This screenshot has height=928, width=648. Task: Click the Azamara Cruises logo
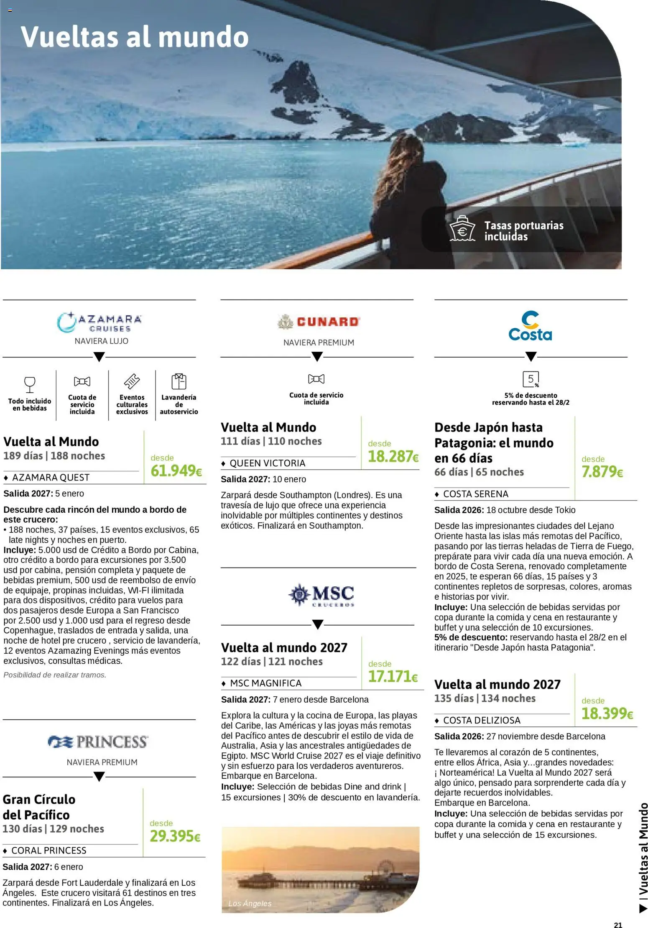pos(99,322)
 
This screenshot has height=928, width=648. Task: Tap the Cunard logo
pos(319,322)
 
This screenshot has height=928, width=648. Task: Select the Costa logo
pos(530,326)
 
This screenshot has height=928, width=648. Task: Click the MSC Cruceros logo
pos(321,595)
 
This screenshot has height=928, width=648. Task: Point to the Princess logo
pos(98,742)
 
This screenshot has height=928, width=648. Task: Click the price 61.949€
pos(176,471)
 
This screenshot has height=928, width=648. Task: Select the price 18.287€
pos(393,457)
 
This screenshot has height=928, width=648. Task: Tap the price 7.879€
pos(602,472)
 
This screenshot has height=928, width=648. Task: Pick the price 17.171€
pos(393,677)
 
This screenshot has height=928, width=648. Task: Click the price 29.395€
pos(175,836)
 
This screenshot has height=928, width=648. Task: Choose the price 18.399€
pos(607,713)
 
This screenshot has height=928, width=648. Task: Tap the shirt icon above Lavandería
pos(179,381)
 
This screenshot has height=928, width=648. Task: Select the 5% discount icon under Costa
pos(531,379)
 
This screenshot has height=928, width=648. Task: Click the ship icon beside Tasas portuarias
pos(462,229)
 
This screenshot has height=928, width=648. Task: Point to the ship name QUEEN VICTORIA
pos(267,463)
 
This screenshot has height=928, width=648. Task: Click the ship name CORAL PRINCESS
pos(48,851)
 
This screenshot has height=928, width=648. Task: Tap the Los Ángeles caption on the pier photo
pos(250,904)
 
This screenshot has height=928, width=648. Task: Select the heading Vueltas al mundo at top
pos(135,37)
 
